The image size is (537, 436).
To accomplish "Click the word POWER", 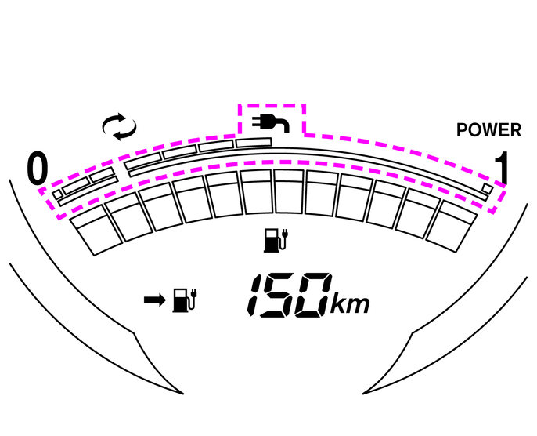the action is pos(488,130).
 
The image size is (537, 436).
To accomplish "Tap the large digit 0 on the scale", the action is pos(37,168).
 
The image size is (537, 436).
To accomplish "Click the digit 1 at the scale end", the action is pos(502,168).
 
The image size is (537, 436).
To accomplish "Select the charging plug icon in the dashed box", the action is pos(271,122).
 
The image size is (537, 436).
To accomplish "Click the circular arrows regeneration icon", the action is pos(119,126).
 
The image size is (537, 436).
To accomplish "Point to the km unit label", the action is pos(350,303).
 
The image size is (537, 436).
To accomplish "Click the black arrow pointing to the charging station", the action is pos(155,300).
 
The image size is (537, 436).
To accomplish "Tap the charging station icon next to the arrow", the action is pos(185,300).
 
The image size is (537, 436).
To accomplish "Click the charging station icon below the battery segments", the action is pos(276,241).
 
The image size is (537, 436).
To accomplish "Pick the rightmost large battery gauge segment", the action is pos(452,227).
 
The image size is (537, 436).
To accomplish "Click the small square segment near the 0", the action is pos(57,194).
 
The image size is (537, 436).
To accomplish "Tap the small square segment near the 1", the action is pos(488,188).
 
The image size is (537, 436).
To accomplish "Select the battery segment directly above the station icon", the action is pos(289,191).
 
